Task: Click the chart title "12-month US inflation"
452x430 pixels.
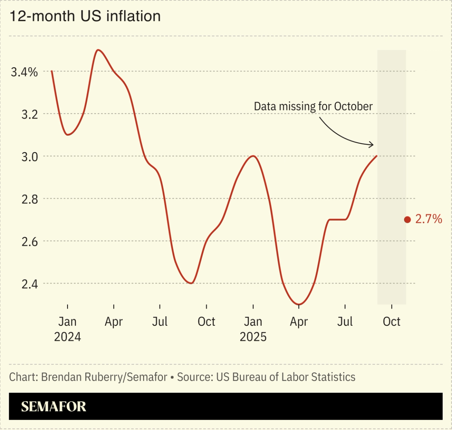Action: pos(85,16)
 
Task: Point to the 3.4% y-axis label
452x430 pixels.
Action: pos(24,72)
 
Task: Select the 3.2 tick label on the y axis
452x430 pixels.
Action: pos(29,114)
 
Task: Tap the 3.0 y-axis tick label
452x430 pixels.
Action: pos(29,157)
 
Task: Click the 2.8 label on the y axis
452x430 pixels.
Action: pos(29,199)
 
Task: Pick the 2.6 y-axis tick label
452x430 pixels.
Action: pos(29,241)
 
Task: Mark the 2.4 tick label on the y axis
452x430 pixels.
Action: pos(29,284)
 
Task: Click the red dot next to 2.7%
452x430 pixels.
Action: pos(407,220)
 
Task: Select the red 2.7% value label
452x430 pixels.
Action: pos(428,219)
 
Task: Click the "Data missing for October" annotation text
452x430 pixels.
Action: pos(313,106)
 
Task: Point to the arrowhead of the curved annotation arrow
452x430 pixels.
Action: pos(372,145)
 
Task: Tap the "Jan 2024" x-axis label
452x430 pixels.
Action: pos(67,329)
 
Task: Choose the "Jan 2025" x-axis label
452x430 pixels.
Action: pos(253,329)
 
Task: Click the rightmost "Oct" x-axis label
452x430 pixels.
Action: pos(391,322)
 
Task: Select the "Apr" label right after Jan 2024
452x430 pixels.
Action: pos(114,322)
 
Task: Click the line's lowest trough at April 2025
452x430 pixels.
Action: pos(299,304)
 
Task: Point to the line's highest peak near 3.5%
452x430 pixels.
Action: pos(98,50)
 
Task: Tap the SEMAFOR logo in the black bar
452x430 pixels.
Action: pos(53,406)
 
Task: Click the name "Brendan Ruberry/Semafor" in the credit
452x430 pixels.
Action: pos(104,377)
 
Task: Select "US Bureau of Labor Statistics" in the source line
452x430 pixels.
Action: pos(286,377)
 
